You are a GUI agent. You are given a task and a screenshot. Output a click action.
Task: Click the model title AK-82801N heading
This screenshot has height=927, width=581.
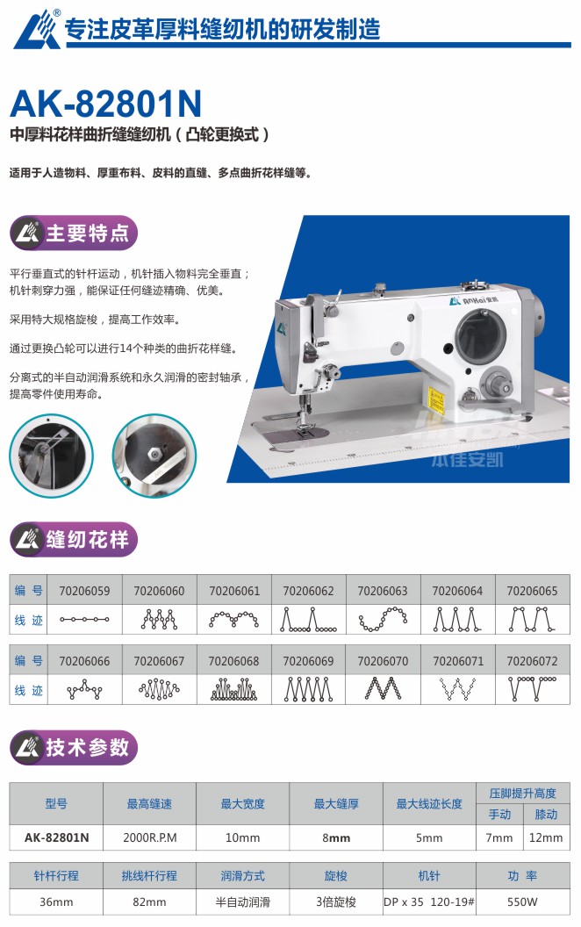(106, 104)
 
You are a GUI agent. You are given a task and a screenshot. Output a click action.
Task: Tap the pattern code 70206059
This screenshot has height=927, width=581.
(84, 591)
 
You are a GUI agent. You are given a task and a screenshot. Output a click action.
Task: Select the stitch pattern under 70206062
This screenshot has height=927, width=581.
(309, 620)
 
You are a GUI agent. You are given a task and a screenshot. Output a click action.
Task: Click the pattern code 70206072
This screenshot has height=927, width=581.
(532, 661)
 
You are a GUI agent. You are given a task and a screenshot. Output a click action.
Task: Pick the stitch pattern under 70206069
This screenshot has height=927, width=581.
(309, 689)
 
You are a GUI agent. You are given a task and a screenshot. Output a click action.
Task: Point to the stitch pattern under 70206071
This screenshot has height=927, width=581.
(457, 689)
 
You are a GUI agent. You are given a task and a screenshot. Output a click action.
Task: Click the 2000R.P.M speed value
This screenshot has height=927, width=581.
(149, 837)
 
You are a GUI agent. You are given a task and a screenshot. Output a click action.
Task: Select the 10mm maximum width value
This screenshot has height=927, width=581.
(242, 837)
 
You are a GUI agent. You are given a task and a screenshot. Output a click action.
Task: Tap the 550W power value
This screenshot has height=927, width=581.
(522, 902)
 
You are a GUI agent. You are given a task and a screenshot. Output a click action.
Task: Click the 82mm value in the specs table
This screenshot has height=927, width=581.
(149, 902)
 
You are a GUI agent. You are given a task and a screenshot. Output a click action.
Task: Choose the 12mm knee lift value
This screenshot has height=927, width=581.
(546, 837)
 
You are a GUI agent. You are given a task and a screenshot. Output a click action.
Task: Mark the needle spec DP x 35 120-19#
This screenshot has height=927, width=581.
(429, 902)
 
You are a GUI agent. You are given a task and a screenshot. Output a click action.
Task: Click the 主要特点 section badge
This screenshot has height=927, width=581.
(74, 233)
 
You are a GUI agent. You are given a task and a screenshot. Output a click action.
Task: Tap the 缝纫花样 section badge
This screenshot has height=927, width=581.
(74, 539)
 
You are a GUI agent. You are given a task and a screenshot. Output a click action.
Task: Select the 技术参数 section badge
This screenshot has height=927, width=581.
(74, 747)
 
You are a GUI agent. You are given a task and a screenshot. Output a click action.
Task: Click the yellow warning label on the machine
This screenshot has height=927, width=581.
(435, 399)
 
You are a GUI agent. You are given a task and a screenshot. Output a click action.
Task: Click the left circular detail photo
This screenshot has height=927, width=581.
(52, 456)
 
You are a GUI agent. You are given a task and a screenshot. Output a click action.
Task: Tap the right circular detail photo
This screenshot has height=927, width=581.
(154, 456)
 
